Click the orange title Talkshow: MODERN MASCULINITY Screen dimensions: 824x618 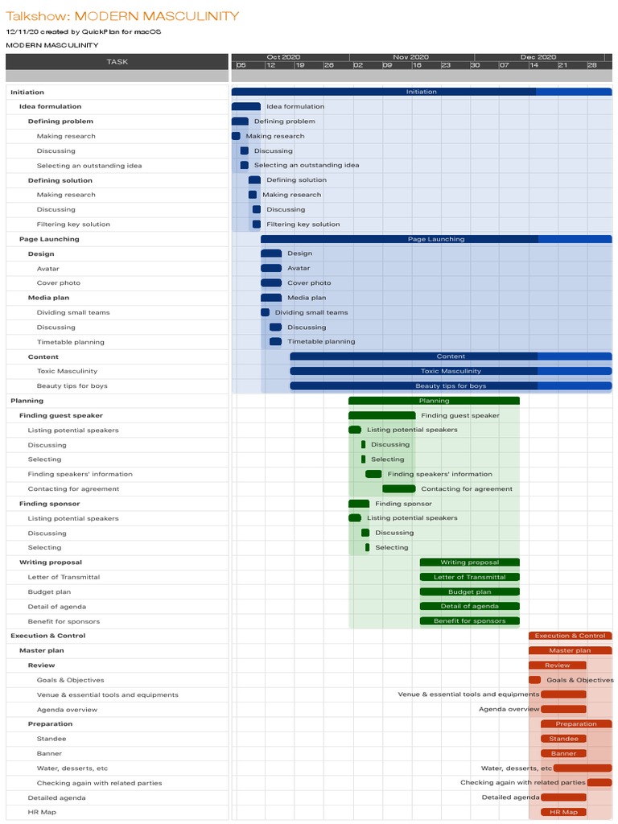click(x=122, y=16)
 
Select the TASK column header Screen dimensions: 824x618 click(x=117, y=62)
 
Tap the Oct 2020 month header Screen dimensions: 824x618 click(x=283, y=57)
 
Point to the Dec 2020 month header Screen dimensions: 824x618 click(x=538, y=57)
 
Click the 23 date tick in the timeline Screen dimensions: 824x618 click(x=446, y=65)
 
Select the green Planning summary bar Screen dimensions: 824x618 click(x=434, y=401)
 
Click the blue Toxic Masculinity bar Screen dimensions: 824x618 click(x=451, y=371)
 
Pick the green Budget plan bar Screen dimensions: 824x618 click(x=469, y=591)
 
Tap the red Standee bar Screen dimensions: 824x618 click(x=563, y=739)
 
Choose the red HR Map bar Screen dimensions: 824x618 click(x=563, y=812)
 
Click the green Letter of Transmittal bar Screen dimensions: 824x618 click(x=469, y=577)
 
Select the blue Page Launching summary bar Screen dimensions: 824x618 click(x=435, y=239)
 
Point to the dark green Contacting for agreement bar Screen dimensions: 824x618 click(x=398, y=488)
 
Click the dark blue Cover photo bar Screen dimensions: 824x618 click(x=271, y=283)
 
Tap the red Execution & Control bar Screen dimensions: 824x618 click(x=570, y=636)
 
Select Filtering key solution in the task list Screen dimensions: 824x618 click(x=73, y=225)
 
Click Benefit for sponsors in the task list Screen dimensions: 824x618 click(x=64, y=621)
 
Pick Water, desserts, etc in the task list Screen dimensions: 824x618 click(x=72, y=768)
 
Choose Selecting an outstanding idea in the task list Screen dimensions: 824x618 click(x=89, y=166)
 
